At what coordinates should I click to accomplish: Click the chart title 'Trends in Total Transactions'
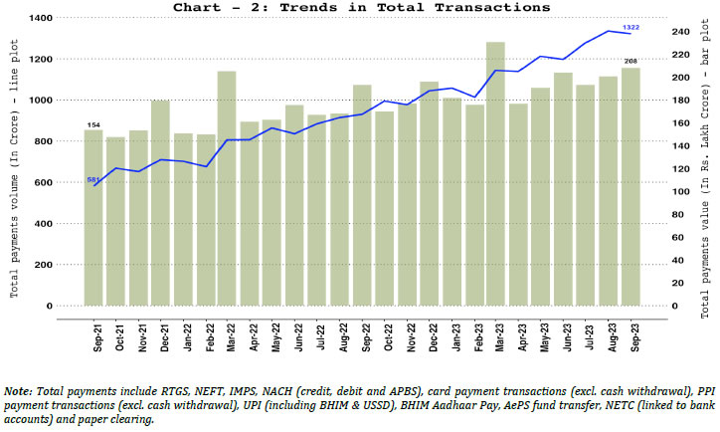click(x=360, y=7)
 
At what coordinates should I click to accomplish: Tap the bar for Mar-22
click(x=227, y=189)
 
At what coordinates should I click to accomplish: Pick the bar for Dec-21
click(x=161, y=203)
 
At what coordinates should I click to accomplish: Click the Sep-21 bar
click(x=93, y=218)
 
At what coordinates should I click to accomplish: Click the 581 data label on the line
click(x=92, y=180)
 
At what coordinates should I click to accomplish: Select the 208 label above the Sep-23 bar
click(x=630, y=62)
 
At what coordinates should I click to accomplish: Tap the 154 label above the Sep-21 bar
click(x=93, y=124)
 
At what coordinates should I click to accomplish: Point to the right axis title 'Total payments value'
click(x=703, y=164)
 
